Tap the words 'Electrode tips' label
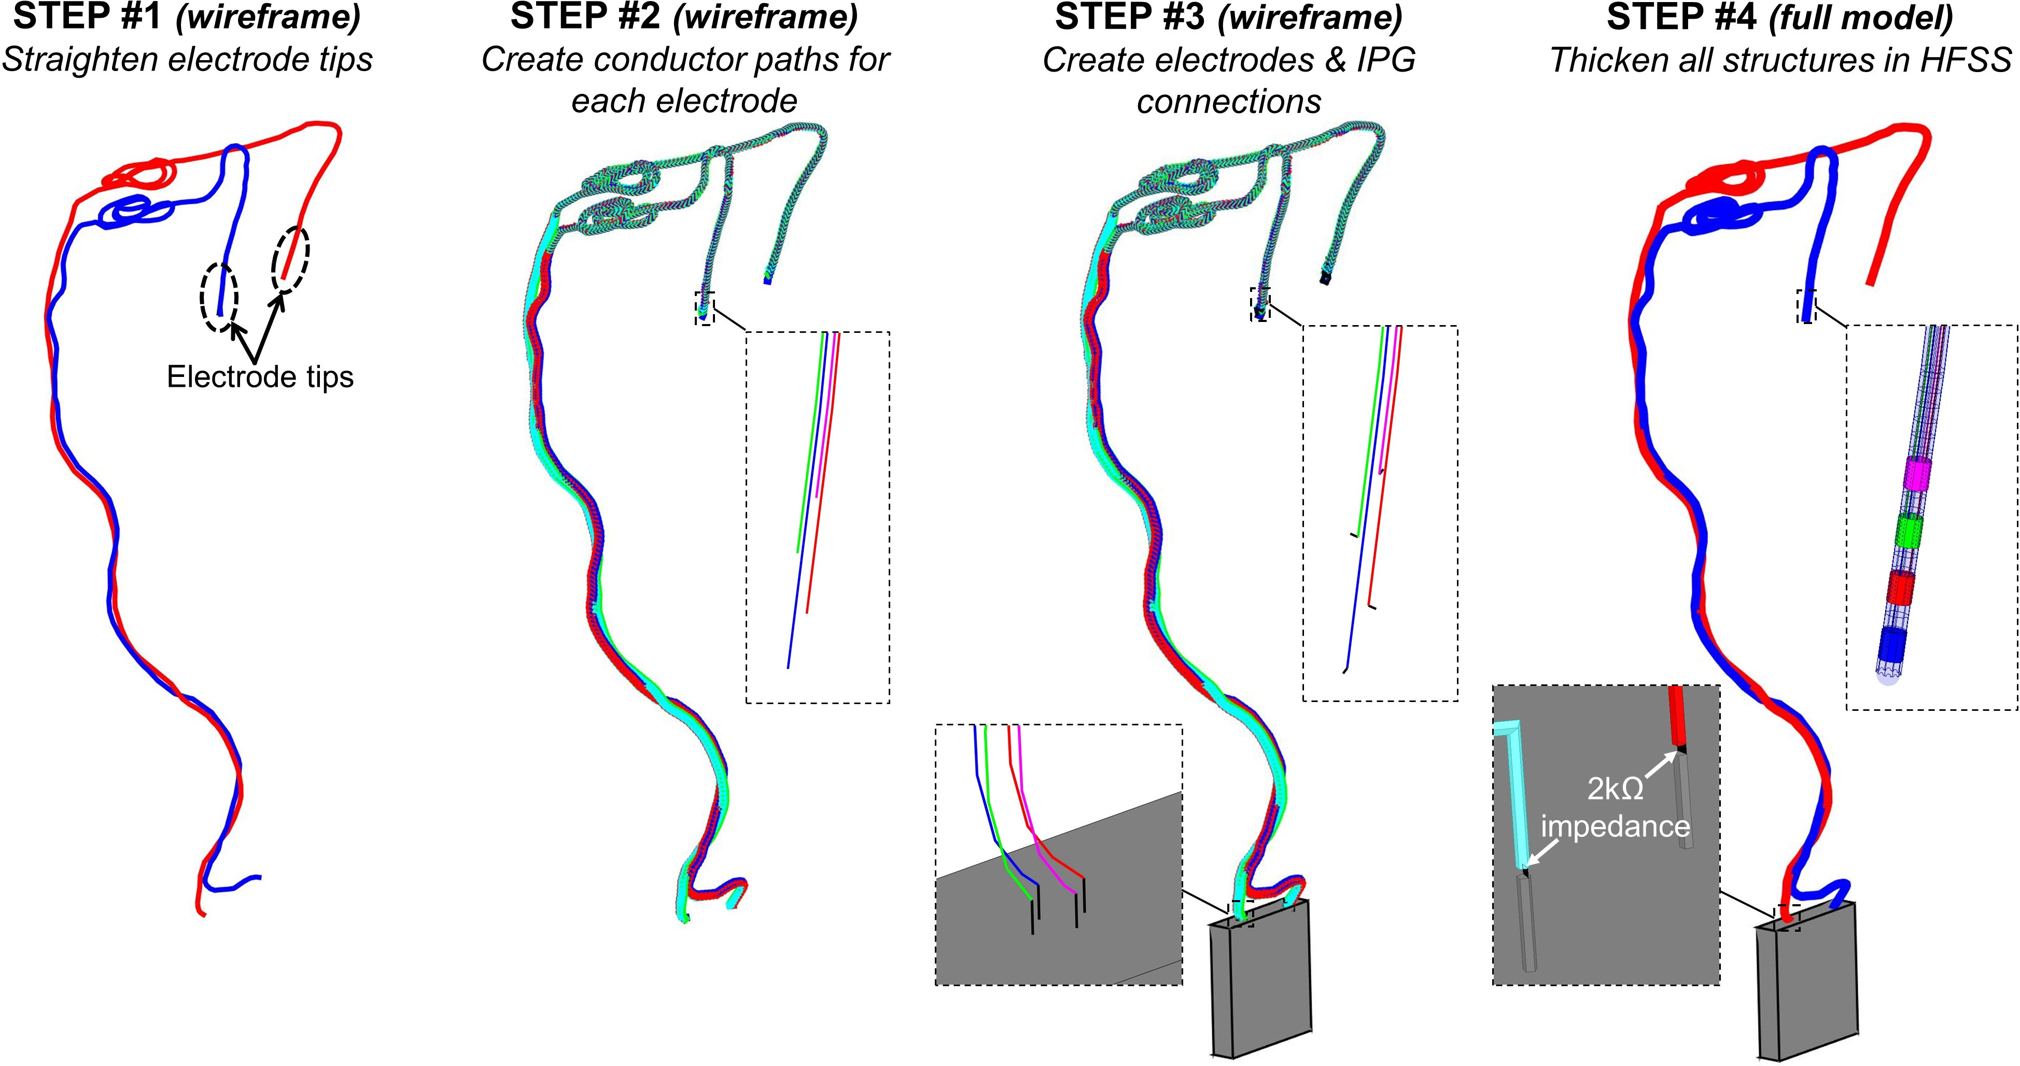point(260,377)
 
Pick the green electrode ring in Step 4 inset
point(1908,530)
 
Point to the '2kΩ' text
point(1616,788)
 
